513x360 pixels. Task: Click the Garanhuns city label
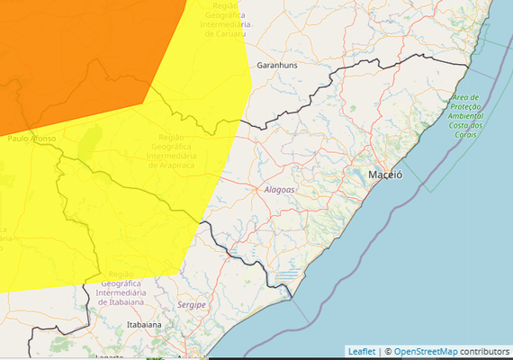click(277, 66)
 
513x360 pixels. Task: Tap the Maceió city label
click(384, 175)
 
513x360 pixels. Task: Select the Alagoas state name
click(281, 190)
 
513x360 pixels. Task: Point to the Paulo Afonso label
click(31, 139)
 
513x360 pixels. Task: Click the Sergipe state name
click(192, 305)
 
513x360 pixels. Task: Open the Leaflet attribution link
click(361, 351)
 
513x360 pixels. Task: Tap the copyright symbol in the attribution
click(387, 351)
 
